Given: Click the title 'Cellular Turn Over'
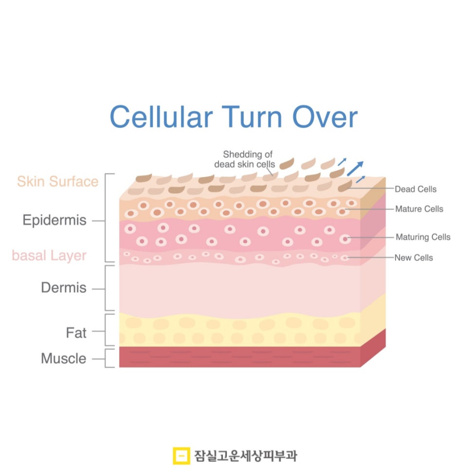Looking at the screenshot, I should [x=234, y=117].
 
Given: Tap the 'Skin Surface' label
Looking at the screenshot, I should [x=57, y=181].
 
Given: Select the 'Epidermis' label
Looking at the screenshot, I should [x=54, y=220].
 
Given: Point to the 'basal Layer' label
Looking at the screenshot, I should [x=49, y=255].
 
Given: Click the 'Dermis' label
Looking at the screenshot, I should [x=63, y=288].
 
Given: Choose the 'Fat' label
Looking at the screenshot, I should [x=76, y=333].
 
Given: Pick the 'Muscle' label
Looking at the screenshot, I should [x=63, y=359].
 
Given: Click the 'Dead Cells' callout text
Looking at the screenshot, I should [x=416, y=189].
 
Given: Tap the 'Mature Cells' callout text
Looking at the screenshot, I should [x=419, y=209].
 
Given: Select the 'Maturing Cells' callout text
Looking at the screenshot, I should [x=422, y=237].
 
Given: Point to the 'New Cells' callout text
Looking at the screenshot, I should [x=414, y=258].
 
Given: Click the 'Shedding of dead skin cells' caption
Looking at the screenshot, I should [x=244, y=159].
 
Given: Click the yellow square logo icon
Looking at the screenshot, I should [x=181, y=455].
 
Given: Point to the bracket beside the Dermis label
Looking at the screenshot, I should [x=109, y=288].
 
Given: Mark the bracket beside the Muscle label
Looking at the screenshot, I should [x=110, y=358].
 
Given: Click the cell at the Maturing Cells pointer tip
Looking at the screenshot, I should [x=345, y=239].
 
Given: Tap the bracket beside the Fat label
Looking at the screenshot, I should [x=110, y=330].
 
